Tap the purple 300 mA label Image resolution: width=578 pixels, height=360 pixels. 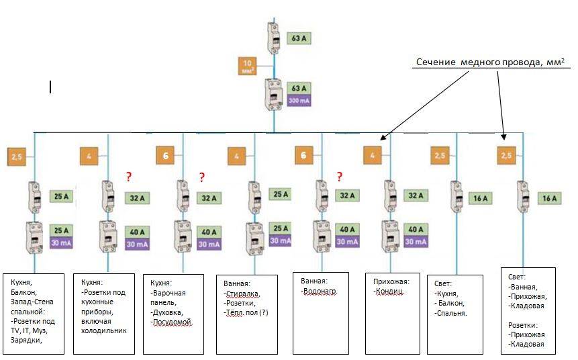click(298, 101)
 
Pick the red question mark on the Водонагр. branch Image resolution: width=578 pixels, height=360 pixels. click(340, 177)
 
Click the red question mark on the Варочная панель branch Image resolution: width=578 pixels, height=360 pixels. click(201, 178)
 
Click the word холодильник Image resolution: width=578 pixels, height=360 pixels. click(106, 330)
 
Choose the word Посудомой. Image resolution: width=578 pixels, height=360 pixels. click(175, 323)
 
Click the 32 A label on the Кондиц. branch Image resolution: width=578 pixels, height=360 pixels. click(416, 196)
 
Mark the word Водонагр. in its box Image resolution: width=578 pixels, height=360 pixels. click(318, 291)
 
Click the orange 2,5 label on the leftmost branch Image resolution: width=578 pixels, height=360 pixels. click(17, 156)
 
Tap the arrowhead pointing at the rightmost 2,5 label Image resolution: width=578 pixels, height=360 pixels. click(505, 138)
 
